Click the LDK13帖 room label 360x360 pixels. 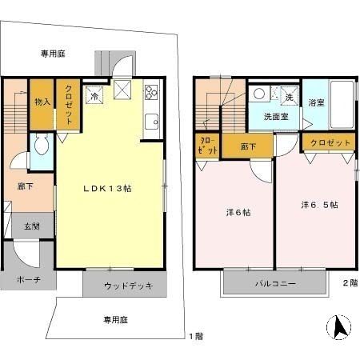point(107,189)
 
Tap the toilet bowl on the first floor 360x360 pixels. point(42,145)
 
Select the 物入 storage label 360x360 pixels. point(42,102)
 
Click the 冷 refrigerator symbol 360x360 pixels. point(94,95)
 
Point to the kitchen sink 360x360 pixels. point(151,122)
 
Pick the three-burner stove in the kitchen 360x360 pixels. point(151,92)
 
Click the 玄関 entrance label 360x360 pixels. point(32,226)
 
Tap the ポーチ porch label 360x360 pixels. point(29,279)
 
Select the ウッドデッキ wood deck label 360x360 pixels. point(129,286)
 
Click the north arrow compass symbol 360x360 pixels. point(338,327)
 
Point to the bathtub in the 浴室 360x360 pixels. point(342,105)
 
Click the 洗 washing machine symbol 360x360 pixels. point(289,95)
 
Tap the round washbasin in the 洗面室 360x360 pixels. point(259,94)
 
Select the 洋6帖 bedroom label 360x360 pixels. point(238,213)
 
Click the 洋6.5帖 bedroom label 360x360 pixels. point(319,205)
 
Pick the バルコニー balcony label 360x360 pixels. point(275,283)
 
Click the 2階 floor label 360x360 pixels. point(350,283)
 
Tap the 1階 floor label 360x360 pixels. point(196,336)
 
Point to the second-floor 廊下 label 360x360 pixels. point(248,146)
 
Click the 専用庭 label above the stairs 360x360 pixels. point(53,54)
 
